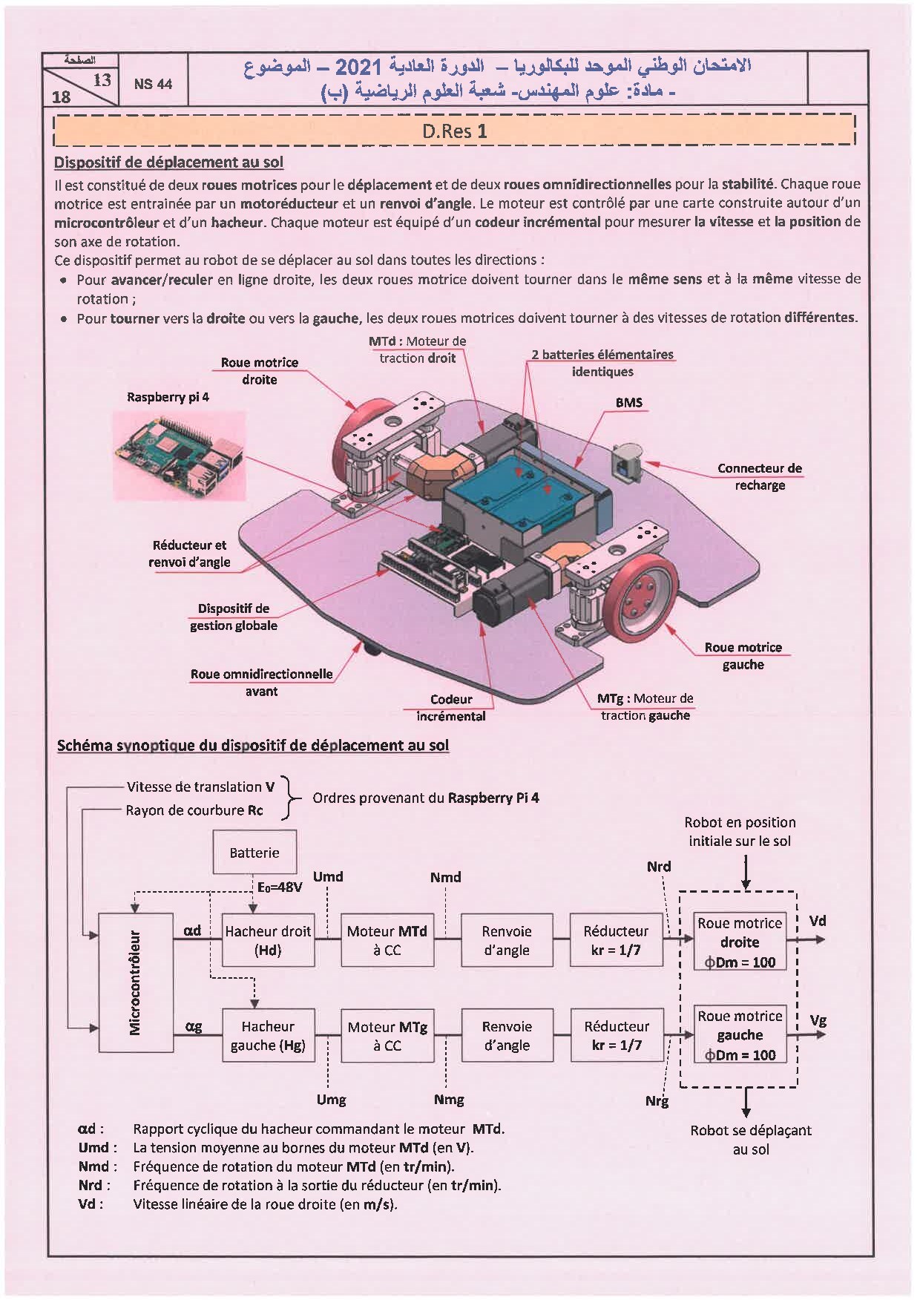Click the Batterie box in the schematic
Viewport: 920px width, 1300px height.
254,853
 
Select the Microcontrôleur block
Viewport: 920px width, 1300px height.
136,982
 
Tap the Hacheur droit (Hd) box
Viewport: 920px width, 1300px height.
268,940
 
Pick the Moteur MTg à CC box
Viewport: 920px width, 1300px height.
387,1036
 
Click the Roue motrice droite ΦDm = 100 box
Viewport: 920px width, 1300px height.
740,942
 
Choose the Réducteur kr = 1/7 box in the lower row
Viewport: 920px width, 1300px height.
617,1036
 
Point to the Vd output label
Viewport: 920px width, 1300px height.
818,922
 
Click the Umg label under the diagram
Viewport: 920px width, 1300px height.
331,1100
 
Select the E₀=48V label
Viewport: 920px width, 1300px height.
280,887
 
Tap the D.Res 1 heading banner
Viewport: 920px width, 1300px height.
455,131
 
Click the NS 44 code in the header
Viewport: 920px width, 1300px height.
153,84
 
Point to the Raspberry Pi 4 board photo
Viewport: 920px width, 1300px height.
178,456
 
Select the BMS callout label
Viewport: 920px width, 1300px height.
629,403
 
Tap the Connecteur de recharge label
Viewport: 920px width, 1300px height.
759,476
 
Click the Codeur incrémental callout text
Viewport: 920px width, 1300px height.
451,707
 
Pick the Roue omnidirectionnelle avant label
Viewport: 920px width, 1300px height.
261,683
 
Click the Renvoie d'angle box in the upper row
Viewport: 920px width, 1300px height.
507,940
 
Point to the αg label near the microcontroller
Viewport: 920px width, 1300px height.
194,1027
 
